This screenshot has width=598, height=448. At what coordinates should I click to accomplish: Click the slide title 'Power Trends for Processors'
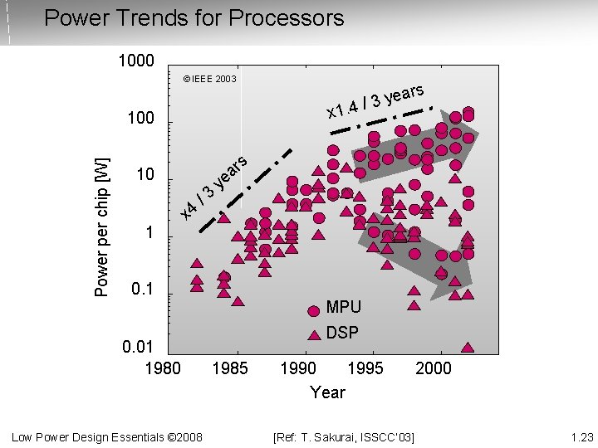[x=194, y=17]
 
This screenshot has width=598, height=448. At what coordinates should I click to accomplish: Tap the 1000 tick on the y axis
[x=135, y=61]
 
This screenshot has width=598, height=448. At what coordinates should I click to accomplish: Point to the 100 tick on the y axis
[x=140, y=119]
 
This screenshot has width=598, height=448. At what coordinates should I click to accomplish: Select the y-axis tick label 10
[x=145, y=176]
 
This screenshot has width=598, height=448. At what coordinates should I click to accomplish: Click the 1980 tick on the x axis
[x=162, y=368]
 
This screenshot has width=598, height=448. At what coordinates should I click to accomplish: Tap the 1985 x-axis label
[x=230, y=368]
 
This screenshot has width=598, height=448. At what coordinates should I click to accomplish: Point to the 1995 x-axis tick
[x=365, y=368]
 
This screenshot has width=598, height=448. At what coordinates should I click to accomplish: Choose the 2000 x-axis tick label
[x=433, y=368]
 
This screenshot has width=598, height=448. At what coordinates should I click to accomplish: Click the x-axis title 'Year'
[x=327, y=392]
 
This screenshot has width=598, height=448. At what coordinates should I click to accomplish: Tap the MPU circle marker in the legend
[x=314, y=311]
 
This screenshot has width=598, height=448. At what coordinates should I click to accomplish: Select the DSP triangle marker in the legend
[x=314, y=335]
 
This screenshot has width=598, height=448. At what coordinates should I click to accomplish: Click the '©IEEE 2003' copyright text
[x=209, y=80]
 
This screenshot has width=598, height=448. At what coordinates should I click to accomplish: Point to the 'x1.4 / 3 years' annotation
[x=375, y=101]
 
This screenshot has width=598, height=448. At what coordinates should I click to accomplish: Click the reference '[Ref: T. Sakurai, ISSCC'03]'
[x=344, y=436]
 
